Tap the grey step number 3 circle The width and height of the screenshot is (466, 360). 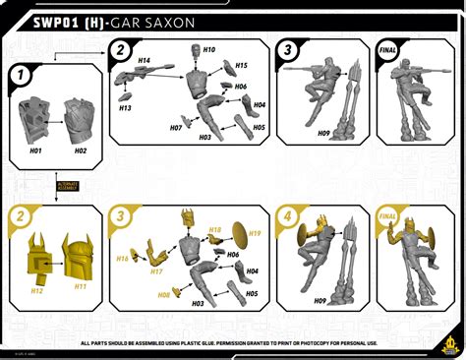point(286,51)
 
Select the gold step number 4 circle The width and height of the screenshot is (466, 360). point(286,215)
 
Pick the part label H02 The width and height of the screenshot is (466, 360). point(80,150)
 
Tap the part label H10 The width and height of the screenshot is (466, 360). point(208,48)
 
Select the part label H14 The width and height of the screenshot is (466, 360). point(145,60)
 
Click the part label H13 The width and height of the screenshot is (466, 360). point(126,108)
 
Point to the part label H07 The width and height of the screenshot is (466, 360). point(175,128)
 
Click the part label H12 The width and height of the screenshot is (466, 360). point(37,290)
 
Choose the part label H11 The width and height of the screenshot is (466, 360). point(81,286)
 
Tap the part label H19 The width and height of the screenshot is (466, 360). point(255,233)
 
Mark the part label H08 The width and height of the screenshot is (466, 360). point(164,294)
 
